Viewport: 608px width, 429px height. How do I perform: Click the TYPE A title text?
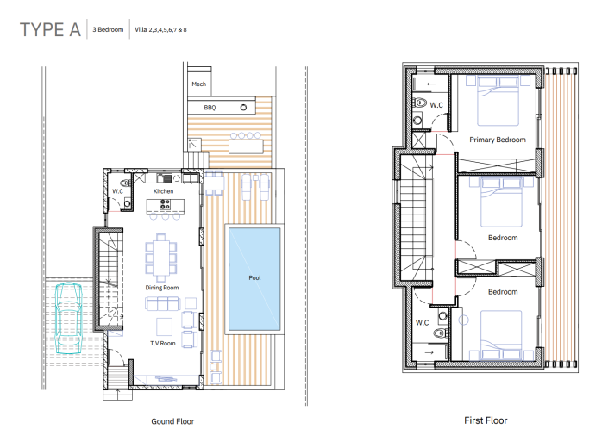(50, 30)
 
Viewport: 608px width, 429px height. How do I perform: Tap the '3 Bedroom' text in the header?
(108, 30)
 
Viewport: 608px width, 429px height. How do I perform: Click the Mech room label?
(198, 84)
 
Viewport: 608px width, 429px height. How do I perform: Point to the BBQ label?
(209, 108)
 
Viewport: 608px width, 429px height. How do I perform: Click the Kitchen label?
(164, 190)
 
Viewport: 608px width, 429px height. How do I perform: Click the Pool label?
(254, 278)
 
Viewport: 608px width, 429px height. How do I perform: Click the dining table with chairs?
(160, 255)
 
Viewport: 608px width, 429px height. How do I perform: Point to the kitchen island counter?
(160, 206)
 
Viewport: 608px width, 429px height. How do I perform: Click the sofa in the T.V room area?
(161, 303)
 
